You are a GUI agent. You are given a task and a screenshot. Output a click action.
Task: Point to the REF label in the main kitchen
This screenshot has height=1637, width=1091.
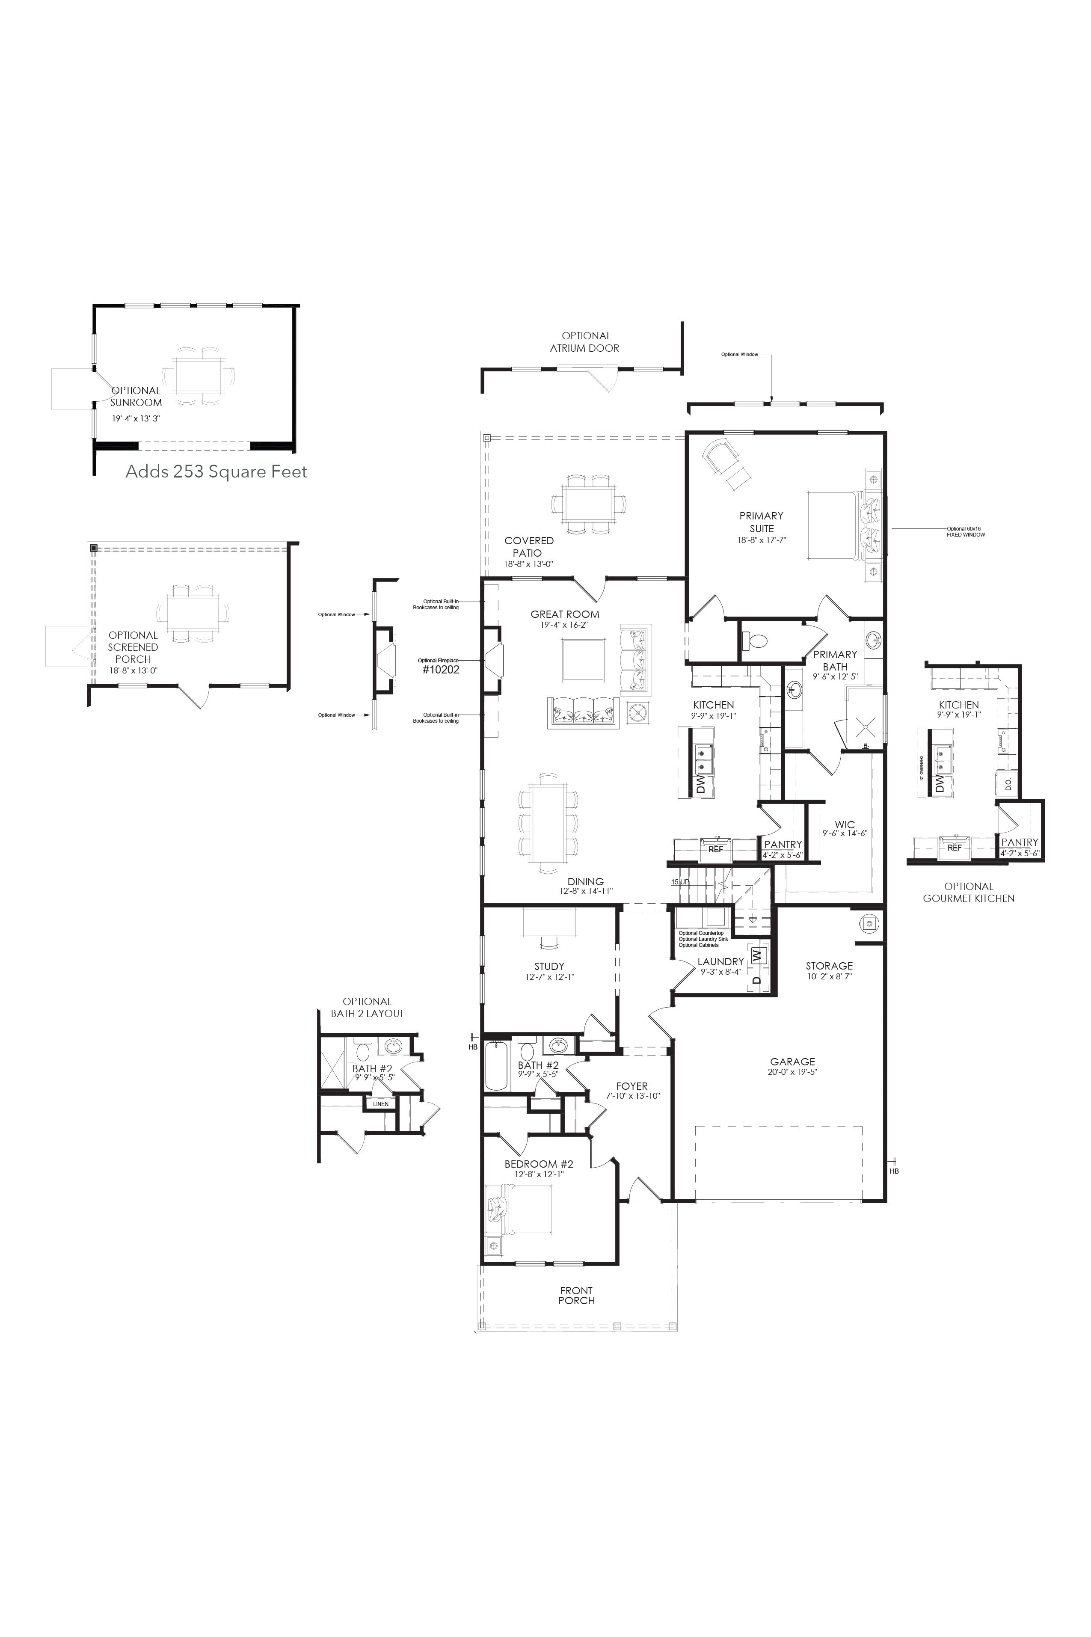click(x=715, y=849)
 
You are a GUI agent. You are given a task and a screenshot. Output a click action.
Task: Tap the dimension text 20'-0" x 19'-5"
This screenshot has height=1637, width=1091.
click(x=792, y=1072)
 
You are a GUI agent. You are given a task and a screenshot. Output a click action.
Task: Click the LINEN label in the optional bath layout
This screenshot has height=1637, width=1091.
click(x=381, y=1104)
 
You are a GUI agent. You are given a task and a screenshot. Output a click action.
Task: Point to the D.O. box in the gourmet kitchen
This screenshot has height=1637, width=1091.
click(x=1008, y=783)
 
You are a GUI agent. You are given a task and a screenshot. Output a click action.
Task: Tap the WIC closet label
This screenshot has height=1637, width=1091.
click(x=845, y=824)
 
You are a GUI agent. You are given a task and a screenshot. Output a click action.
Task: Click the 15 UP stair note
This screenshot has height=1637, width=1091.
click(x=679, y=882)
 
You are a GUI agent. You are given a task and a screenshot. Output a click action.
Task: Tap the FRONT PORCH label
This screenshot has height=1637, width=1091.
click(x=576, y=1296)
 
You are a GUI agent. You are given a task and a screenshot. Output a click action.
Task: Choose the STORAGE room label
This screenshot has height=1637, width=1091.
click(x=829, y=966)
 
